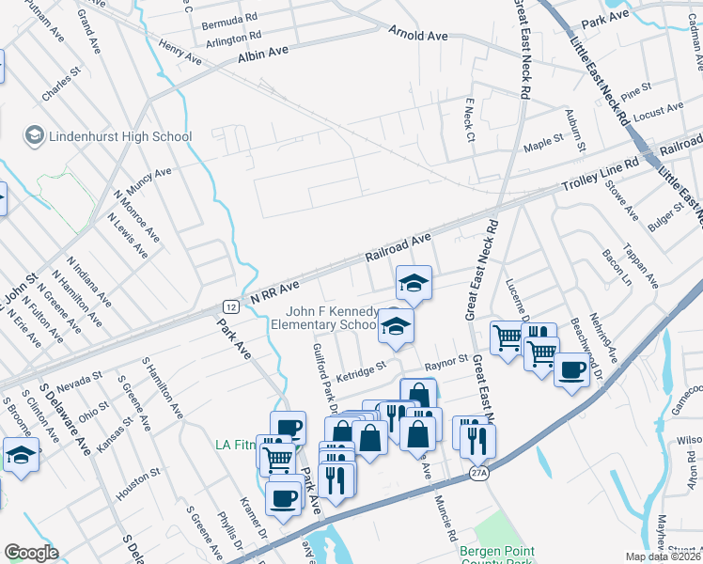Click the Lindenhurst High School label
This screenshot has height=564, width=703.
pos(121,136)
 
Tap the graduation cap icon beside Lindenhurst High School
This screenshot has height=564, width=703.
pos(35,136)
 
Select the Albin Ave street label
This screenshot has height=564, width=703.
pos(263,55)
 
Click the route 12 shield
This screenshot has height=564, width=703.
pos(230,306)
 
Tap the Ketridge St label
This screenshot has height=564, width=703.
pos(362,366)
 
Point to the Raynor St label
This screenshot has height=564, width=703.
pos(445,360)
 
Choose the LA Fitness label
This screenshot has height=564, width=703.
pos(236,445)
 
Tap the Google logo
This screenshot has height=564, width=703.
pos(31,552)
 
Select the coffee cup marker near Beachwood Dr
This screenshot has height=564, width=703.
pos(571,369)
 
